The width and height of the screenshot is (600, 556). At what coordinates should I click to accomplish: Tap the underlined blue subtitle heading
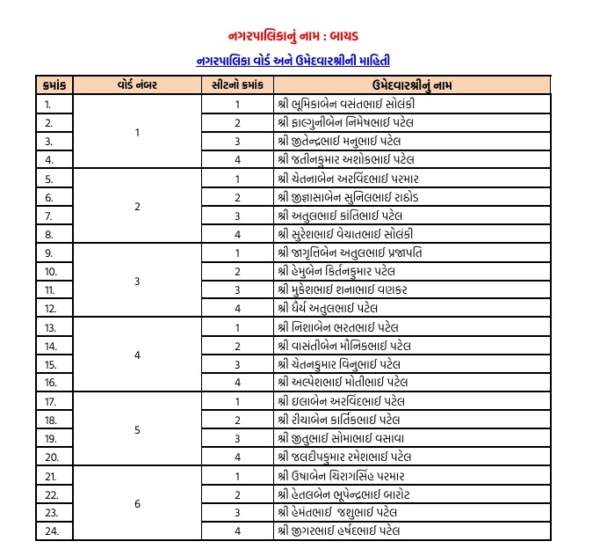click(293, 62)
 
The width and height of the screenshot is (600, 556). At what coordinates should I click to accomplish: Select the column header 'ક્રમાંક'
click(54, 85)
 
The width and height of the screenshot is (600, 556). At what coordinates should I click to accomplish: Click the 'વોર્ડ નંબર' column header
click(136, 85)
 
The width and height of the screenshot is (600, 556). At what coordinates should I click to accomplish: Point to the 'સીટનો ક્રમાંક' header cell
click(237, 85)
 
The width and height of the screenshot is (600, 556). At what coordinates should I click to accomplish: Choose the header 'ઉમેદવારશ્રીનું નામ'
click(412, 85)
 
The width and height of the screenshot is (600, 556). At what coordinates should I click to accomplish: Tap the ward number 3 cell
click(137, 281)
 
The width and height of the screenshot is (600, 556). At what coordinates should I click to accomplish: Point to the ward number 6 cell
click(137, 503)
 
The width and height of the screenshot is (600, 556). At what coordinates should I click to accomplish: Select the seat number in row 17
click(237, 401)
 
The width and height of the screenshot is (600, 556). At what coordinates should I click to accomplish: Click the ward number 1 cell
click(137, 132)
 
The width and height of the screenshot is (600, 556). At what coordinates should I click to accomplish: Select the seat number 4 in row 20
click(237, 457)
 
